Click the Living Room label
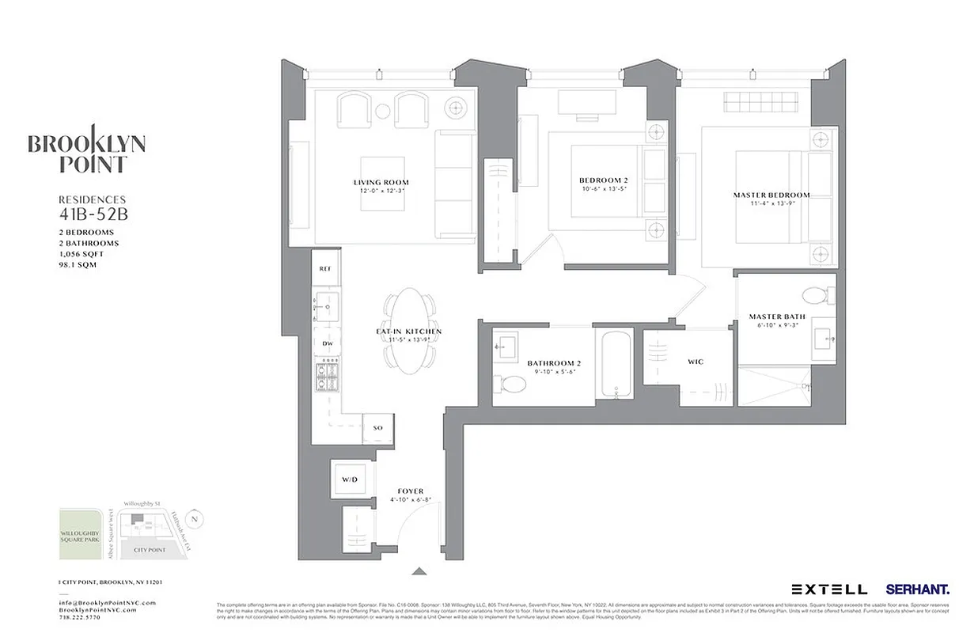pos(381,183)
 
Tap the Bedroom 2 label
pos(603,180)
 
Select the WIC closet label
pos(696,362)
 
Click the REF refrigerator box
pos(325,269)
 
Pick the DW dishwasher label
pos(326,343)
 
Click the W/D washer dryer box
pos(350,479)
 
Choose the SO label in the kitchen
pos(377,428)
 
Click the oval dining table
pos(408,330)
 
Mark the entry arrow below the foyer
pos(419,571)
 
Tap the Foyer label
pos(411,491)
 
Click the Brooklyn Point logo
pos(86,150)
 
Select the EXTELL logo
pos(829,589)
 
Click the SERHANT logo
pos(918,589)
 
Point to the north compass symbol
pos(197,518)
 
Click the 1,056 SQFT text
pos(81,254)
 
